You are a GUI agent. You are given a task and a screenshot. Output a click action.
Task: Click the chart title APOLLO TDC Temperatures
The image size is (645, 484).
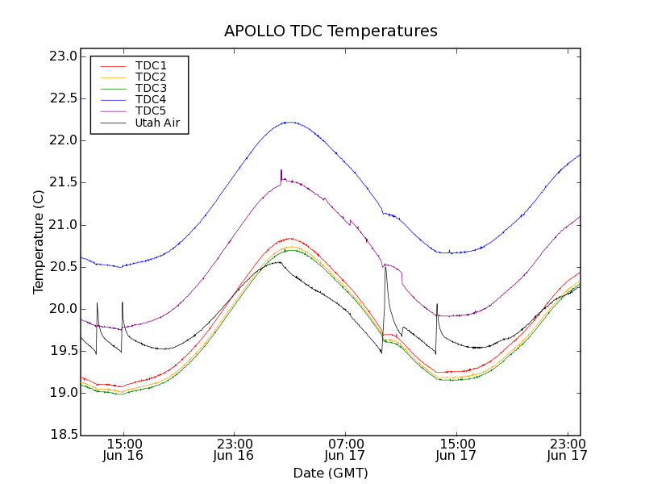[x=331, y=31]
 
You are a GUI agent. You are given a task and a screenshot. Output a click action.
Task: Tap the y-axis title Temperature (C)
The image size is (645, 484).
[x=39, y=242]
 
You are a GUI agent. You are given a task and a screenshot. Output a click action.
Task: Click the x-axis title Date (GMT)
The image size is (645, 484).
[x=331, y=473]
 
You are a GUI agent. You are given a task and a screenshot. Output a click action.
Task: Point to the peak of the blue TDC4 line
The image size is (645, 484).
[x=288, y=122]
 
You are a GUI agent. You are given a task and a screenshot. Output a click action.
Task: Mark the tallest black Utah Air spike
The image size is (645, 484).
[x=385, y=268]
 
